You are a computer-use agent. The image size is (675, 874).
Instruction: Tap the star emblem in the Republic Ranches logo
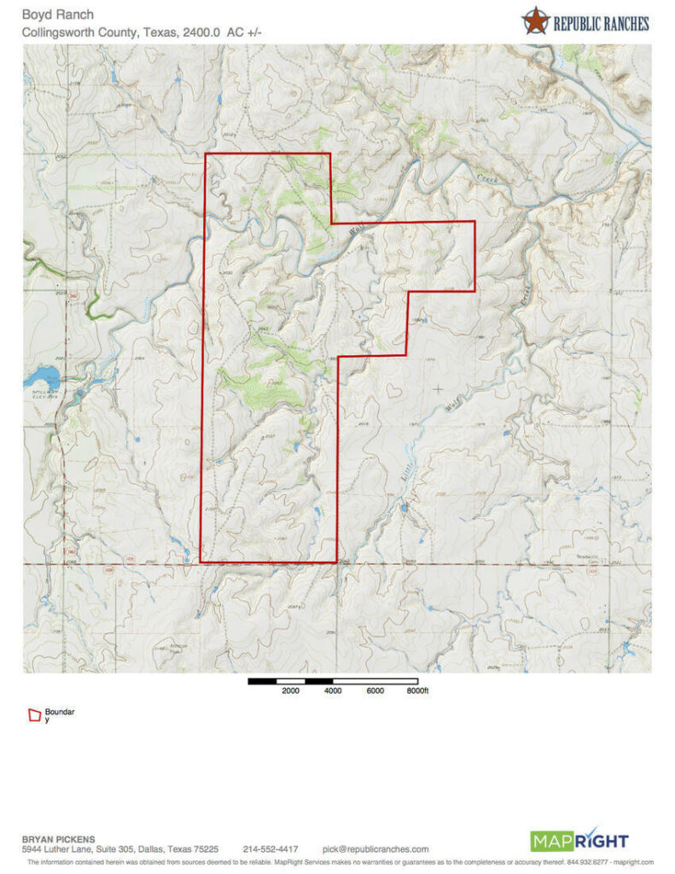535,20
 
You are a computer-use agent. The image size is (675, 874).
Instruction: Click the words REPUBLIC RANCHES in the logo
601,23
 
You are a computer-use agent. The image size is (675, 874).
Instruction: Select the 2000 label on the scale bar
290,691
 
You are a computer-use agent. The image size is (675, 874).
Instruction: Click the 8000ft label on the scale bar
416,691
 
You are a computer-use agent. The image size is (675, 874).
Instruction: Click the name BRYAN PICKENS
58,839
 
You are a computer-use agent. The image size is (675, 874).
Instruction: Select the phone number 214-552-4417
271,849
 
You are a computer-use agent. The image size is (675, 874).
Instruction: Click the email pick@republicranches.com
375,849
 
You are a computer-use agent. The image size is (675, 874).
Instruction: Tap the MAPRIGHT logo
579,841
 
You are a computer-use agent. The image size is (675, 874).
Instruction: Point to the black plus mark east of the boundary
439,388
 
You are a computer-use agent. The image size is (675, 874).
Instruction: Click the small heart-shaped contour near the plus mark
394,390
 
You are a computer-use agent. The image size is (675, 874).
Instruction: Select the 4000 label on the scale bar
333,691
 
